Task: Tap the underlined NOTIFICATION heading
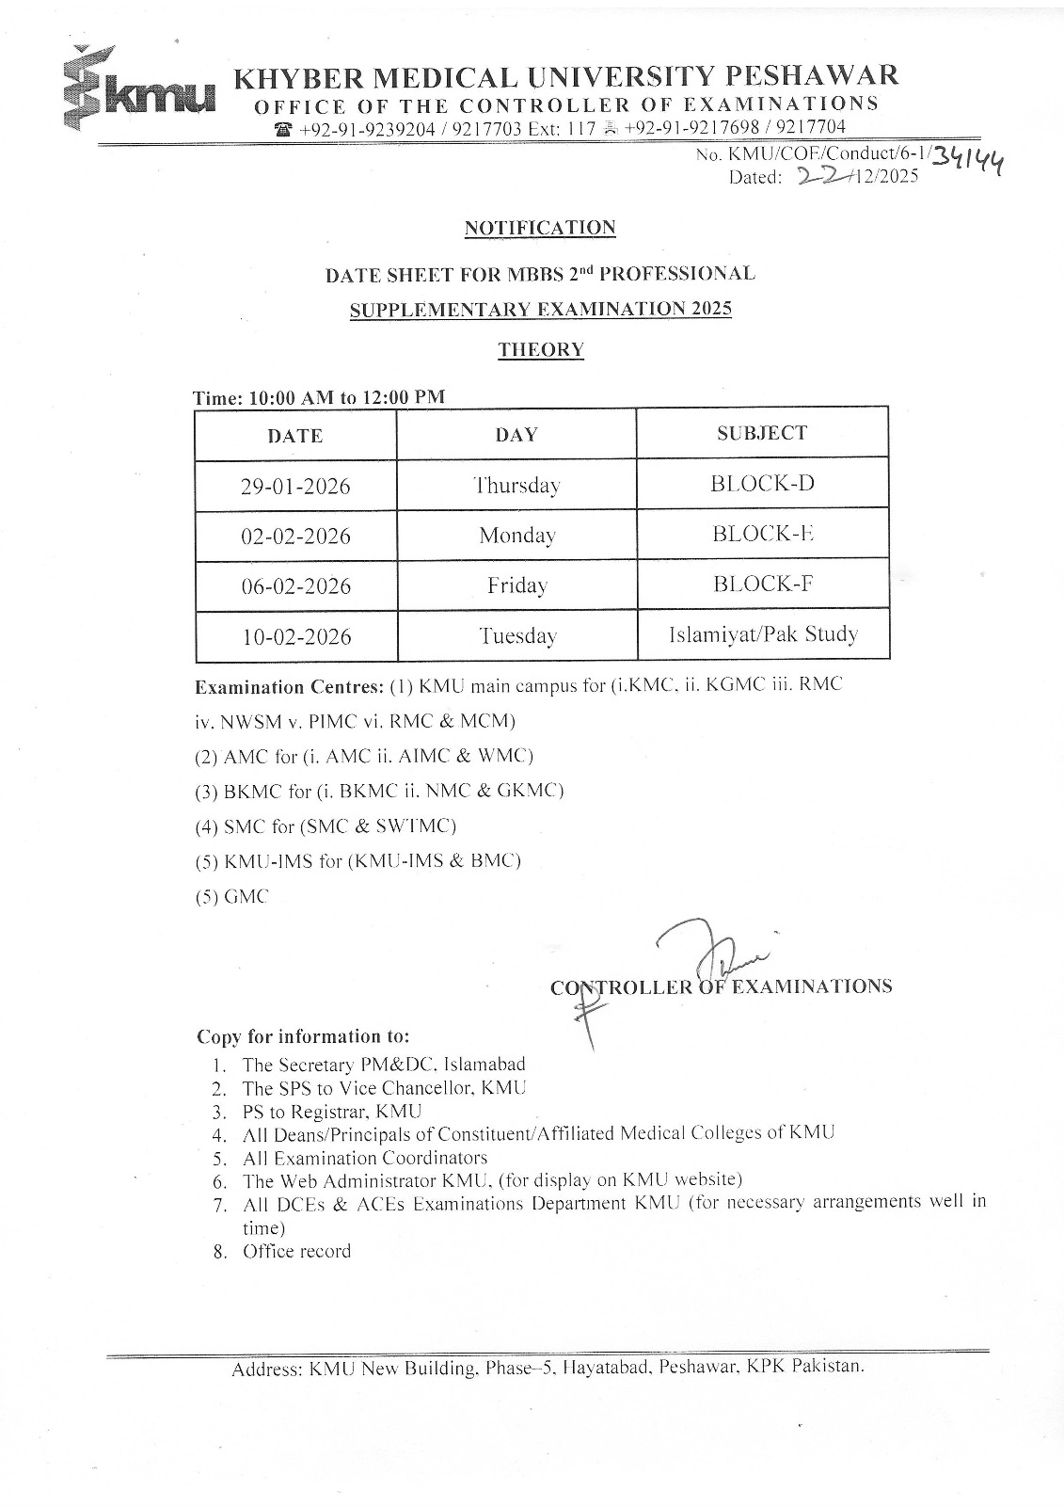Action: (540, 228)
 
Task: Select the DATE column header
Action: (294, 436)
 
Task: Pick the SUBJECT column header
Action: (761, 433)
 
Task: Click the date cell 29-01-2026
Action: (295, 487)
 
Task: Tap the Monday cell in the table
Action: (516, 536)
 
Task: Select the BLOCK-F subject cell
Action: (762, 584)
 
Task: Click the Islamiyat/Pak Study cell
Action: (763, 634)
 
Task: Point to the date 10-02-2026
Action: (296, 637)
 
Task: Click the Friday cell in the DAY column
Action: (516, 585)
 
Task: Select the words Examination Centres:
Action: (289, 686)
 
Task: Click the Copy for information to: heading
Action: (303, 1036)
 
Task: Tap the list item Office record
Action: (296, 1251)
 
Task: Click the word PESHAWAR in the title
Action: (816, 75)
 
